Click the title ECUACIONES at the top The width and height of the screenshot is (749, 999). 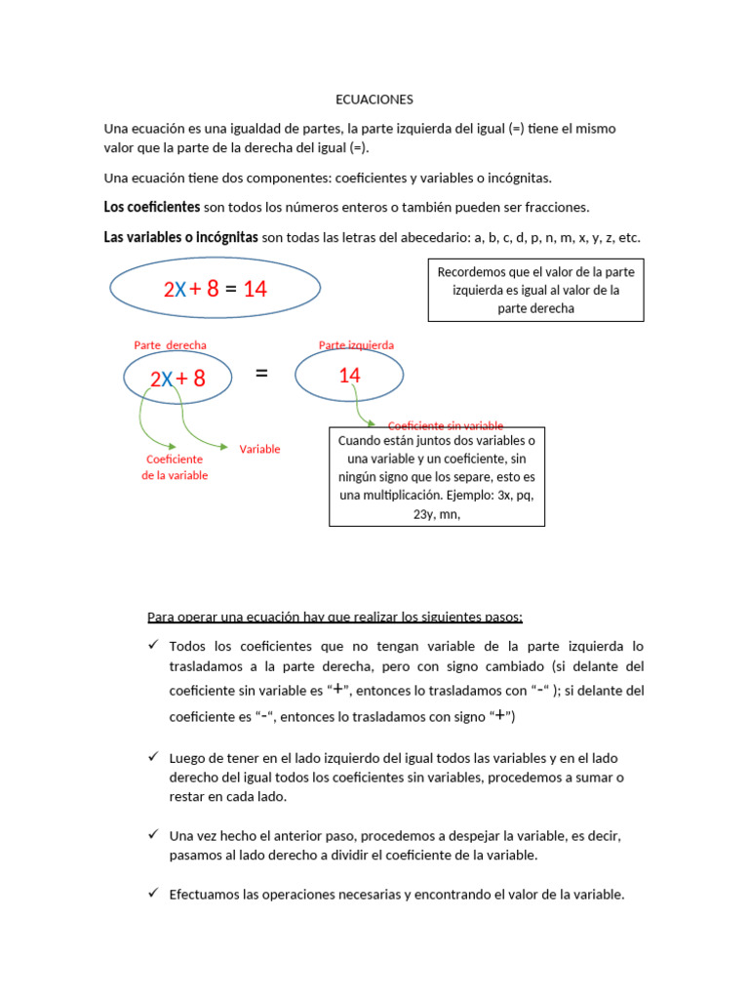(x=374, y=100)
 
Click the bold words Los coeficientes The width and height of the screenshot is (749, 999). (x=152, y=207)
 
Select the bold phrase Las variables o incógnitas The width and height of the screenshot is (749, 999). (x=181, y=237)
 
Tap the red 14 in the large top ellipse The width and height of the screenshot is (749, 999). (x=256, y=289)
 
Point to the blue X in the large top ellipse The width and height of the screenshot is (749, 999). (x=180, y=290)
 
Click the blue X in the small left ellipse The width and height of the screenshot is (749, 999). (x=167, y=379)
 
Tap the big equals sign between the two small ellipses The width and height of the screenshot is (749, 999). (x=261, y=375)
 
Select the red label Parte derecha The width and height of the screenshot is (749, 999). (x=170, y=344)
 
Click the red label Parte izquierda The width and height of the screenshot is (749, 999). (x=356, y=344)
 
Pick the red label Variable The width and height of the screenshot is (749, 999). (x=259, y=449)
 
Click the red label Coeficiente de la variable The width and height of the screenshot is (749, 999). (x=175, y=467)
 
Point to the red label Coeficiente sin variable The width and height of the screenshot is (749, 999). (x=446, y=425)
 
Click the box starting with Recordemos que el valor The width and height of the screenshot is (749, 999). (x=536, y=290)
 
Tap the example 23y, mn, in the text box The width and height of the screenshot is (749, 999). (x=436, y=513)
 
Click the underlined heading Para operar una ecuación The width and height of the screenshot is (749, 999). (x=335, y=617)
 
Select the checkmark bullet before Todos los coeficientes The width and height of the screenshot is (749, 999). (x=153, y=646)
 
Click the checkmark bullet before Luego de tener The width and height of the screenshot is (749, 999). (x=153, y=757)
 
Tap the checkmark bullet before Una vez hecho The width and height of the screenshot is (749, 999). (x=153, y=836)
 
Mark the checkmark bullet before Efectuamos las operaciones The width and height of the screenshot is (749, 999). (x=153, y=894)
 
